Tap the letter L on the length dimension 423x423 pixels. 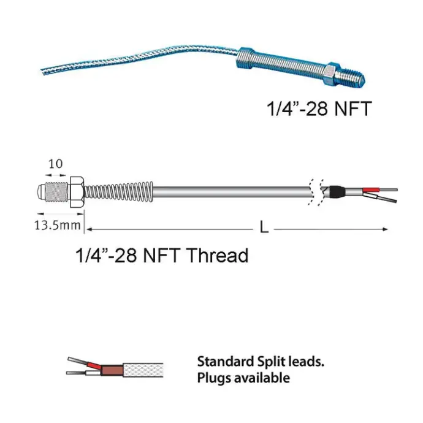point(264,227)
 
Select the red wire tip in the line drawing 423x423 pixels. point(372,189)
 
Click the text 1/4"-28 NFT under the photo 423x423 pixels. point(318,110)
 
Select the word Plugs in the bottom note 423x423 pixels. point(212,378)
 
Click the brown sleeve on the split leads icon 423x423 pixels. point(112,370)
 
